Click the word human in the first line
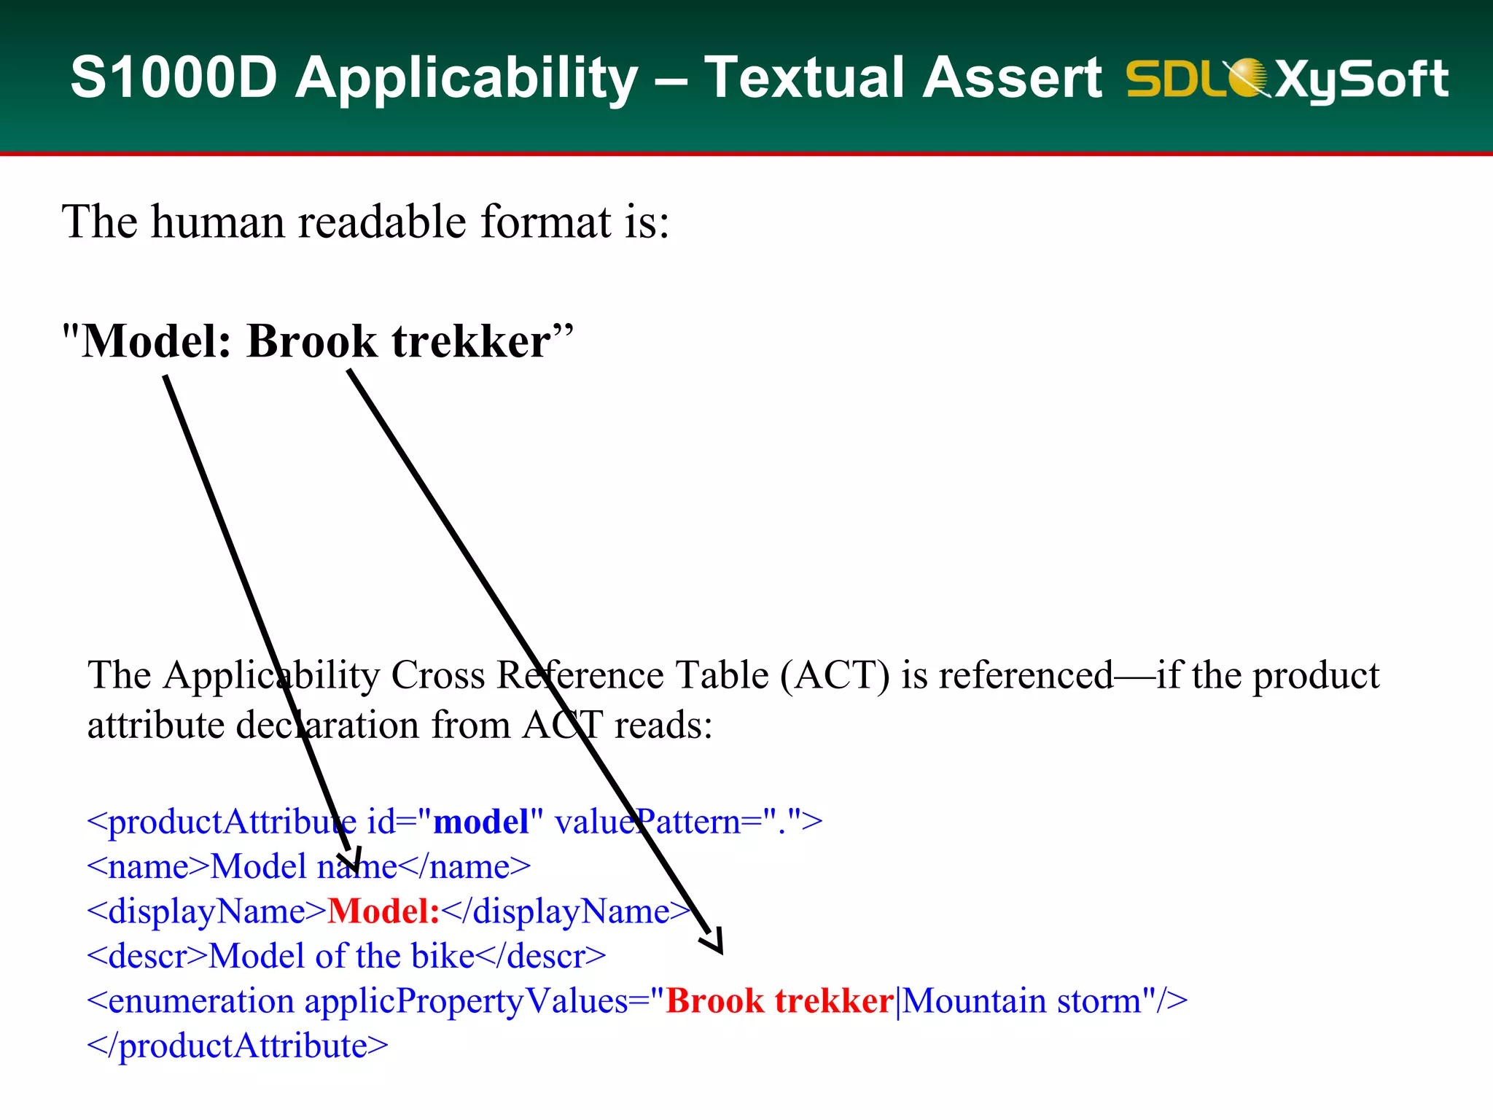pos(217,222)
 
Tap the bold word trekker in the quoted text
pos(471,341)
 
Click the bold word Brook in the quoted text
pos(312,341)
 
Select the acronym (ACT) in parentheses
pos(835,675)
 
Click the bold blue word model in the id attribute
pos(481,822)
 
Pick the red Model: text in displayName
pos(383,911)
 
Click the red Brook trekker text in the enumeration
pos(780,1001)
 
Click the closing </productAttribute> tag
pos(238,1046)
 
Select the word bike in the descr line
pos(443,957)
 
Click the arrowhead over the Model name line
pos(352,863)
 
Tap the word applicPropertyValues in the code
pos(467,1001)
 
